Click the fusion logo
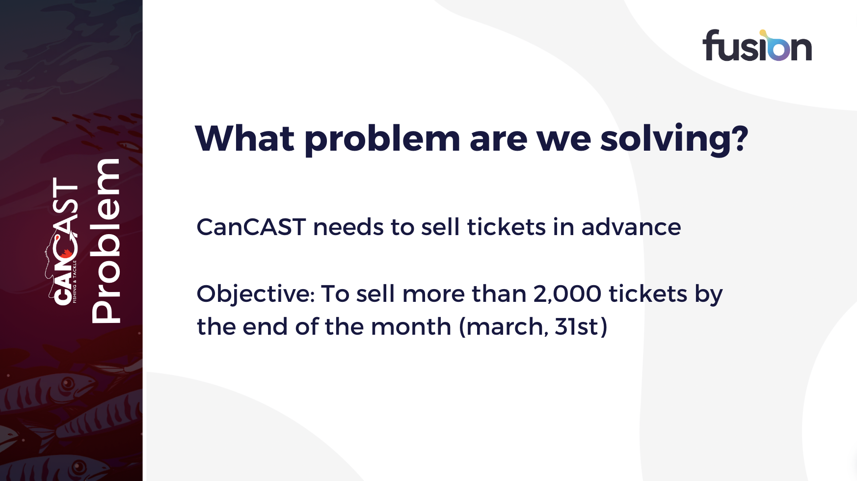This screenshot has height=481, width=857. point(757,45)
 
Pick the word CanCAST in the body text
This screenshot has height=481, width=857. point(251,227)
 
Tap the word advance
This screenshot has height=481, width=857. point(631,227)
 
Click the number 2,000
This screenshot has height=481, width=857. point(567,294)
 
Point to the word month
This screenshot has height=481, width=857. point(411,327)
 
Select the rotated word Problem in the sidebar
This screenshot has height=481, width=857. point(106,241)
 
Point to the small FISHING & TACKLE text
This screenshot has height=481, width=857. point(75,282)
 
